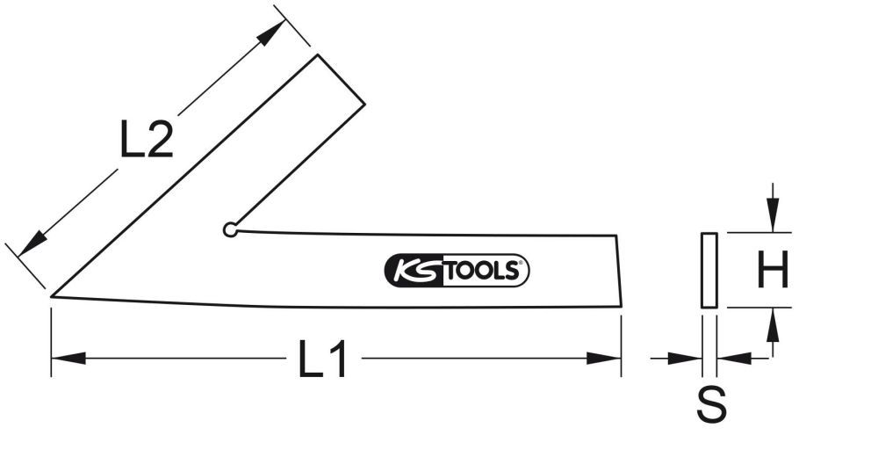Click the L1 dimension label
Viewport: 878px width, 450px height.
[x=323, y=360]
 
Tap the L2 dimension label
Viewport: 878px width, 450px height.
[x=146, y=139]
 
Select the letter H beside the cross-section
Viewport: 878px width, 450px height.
[x=773, y=271]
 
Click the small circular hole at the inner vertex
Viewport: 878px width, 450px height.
[x=230, y=230]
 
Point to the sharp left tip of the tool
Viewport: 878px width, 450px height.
[x=53, y=296]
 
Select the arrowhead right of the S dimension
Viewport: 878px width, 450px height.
[x=734, y=358]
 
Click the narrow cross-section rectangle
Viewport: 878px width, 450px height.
[x=709, y=271]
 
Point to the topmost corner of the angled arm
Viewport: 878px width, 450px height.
[x=318, y=55]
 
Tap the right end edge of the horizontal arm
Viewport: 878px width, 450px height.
[x=619, y=271]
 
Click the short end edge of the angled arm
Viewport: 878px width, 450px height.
[x=342, y=80]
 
